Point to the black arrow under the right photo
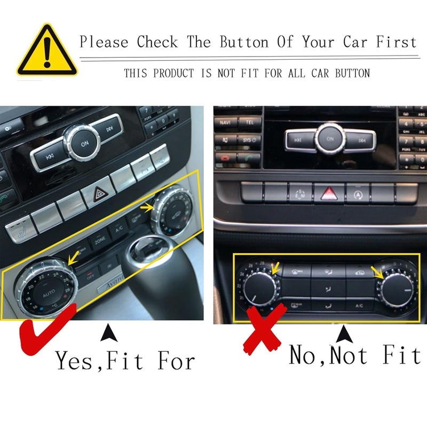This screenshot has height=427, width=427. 343,335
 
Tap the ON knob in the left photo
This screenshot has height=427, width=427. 84,144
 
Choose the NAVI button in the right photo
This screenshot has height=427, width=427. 225,122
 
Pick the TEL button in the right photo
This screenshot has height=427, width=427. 250,122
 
